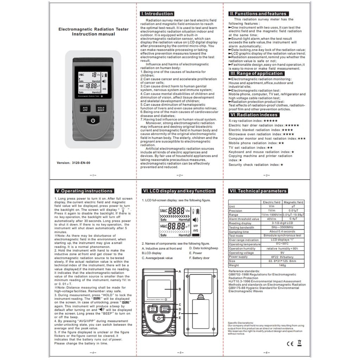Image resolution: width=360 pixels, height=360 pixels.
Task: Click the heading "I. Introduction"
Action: pyautogui.click(x=157, y=14)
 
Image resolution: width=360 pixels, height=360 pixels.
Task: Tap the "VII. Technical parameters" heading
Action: pyautogui.click(x=258, y=191)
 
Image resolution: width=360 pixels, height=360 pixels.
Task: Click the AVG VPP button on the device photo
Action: pyautogui.click(x=85, y=109)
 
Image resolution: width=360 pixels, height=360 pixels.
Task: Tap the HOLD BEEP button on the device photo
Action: pyautogui.click(x=101, y=109)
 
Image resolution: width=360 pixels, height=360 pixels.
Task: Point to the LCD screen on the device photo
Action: pyautogui.click(x=93, y=80)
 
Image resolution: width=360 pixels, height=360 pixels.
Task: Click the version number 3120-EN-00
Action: pyautogui.click(x=81, y=163)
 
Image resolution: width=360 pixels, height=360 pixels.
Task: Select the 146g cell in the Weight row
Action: pyautogui.click(x=283, y=265)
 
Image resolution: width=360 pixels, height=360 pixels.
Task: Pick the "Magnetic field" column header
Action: pyautogui.click(x=294, y=202)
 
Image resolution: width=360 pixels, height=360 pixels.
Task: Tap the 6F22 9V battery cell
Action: pyautogui.click(x=283, y=257)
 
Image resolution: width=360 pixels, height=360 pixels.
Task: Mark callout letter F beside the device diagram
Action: pyautogui.click(x=180, y=313)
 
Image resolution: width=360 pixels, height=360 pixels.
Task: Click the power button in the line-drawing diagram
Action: pyautogui.click(x=159, y=319)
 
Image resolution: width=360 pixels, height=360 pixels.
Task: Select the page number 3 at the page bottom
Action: pyautogui.click(x=266, y=175)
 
